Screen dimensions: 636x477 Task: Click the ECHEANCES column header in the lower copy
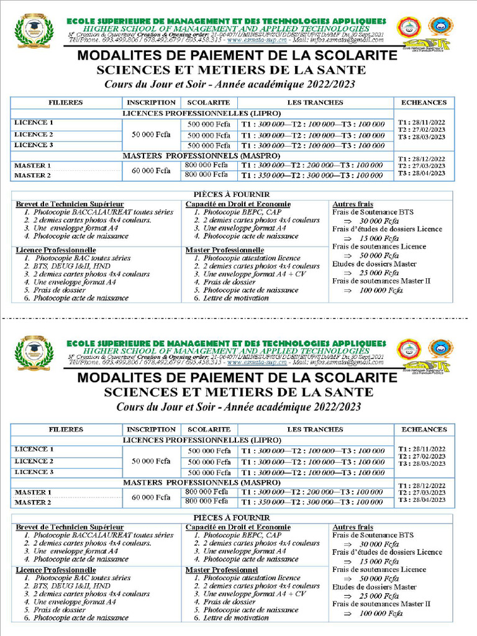click(x=424, y=429)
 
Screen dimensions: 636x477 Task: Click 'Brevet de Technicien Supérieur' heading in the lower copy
click(x=70, y=527)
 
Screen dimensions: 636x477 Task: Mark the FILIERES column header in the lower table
click(x=66, y=429)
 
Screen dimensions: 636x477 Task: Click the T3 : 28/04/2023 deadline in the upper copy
click(x=422, y=173)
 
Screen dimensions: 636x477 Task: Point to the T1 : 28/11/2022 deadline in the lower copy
click(x=422, y=448)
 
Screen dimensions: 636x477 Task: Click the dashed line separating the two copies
click(x=238, y=317)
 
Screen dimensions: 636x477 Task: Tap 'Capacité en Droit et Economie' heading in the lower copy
click(x=238, y=527)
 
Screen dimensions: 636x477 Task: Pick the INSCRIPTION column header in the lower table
click(x=152, y=429)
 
